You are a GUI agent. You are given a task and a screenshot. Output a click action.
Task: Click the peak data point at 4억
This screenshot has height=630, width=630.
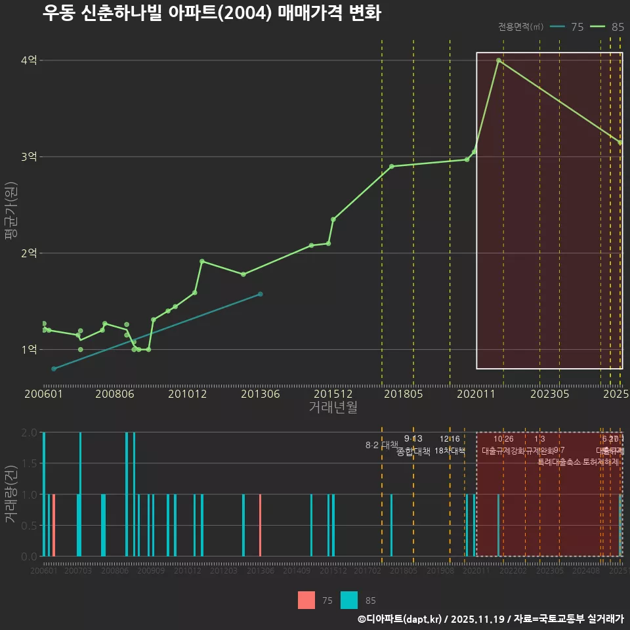click(x=499, y=60)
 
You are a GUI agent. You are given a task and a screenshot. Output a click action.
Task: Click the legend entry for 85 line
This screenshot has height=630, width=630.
click(x=607, y=27)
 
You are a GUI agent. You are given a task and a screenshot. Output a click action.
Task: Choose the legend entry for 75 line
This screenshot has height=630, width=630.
click(x=568, y=27)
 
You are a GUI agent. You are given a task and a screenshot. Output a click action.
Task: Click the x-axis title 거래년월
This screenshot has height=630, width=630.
click(x=333, y=407)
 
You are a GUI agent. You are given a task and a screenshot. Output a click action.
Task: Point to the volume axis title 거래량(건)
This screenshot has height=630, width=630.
click(x=10, y=494)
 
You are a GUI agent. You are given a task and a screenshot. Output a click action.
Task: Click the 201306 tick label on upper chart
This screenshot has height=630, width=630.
click(x=261, y=394)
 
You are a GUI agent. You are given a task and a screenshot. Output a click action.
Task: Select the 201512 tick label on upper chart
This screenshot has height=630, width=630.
click(x=333, y=394)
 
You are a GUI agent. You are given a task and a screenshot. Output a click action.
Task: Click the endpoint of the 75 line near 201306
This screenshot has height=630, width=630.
click(x=261, y=294)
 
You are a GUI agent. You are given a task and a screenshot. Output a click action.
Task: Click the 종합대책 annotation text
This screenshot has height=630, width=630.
click(x=413, y=451)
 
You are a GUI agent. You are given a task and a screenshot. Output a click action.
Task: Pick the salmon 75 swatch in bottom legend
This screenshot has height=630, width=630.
click(x=306, y=600)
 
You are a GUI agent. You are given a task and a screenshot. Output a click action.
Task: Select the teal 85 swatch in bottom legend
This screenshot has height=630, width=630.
click(x=349, y=600)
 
